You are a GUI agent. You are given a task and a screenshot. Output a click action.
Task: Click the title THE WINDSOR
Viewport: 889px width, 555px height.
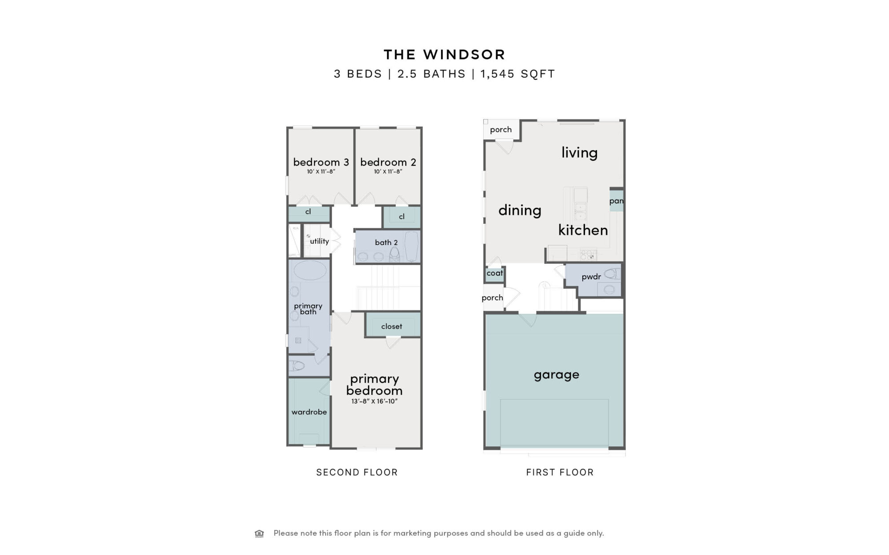[x=444, y=55]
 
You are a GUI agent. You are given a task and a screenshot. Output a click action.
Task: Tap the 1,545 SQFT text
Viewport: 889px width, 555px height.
[x=518, y=74]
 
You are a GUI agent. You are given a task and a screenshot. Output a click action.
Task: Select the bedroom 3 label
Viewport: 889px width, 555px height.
[x=321, y=162]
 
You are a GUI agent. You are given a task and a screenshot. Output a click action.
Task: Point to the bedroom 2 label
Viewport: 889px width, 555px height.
[x=388, y=162]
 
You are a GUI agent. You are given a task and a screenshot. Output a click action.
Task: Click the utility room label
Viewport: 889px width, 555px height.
[x=320, y=241]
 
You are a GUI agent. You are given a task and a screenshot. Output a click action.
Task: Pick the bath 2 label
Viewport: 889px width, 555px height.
[x=386, y=242]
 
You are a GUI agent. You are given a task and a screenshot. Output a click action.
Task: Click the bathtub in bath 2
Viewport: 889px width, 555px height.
[x=412, y=246]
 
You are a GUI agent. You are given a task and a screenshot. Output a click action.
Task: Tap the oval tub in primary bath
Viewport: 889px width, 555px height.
[x=310, y=270]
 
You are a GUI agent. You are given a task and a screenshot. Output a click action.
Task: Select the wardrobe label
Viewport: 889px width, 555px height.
[x=309, y=412]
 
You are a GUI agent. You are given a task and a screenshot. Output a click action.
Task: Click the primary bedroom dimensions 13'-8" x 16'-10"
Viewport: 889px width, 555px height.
[x=374, y=401]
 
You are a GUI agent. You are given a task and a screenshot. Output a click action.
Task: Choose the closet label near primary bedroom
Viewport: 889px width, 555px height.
[x=392, y=326]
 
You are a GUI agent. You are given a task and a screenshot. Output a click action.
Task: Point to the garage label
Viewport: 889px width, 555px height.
[x=557, y=375]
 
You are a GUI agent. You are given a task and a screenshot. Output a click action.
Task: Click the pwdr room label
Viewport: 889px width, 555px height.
[x=591, y=277]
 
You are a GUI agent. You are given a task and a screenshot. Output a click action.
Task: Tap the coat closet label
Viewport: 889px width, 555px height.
[x=495, y=273]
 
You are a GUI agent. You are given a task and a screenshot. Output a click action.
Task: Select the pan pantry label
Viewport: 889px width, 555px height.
[x=617, y=201]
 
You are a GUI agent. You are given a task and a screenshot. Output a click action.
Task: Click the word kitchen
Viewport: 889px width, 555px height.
[x=583, y=230]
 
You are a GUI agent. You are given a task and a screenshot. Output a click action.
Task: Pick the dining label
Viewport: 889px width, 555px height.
[x=520, y=210]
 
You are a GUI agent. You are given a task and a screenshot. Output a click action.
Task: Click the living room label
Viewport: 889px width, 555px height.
[x=579, y=153]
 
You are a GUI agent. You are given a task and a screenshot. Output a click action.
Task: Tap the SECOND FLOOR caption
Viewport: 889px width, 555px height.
[x=357, y=472]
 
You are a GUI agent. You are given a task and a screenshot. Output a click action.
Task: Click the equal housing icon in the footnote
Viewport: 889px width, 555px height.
[x=259, y=533]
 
